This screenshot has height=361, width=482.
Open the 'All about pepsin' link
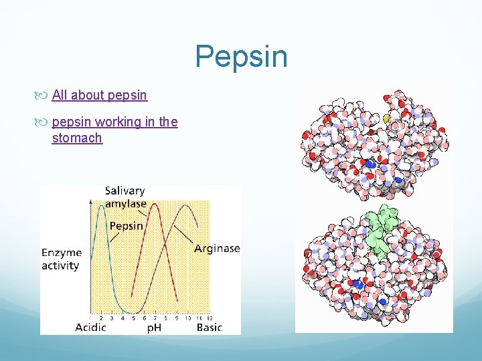[x=99, y=95]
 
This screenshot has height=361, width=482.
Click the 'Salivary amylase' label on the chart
[x=125, y=197]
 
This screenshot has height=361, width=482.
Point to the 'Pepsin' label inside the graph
[x=126, y=226]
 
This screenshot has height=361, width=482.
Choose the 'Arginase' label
[x=217, y=249]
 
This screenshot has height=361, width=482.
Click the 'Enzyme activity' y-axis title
[x=61, y=259]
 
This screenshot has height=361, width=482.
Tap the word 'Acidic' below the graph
[x=90, y=328]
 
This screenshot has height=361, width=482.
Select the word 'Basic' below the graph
[x=209, y=328]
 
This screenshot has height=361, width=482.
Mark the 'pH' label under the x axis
[x=154, y=328]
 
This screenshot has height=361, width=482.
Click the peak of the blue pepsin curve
[x=102, y=207]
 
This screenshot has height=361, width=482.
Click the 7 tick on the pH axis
[x=155, y=318]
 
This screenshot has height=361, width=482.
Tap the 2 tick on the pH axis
[x=101, y=318]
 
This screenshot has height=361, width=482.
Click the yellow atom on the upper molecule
[x=386, y=118]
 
